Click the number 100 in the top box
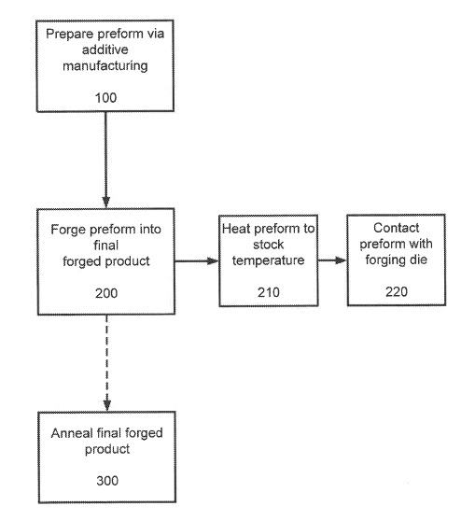105,98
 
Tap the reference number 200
106,293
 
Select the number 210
269,292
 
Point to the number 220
397,291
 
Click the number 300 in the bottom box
107,481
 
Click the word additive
105,49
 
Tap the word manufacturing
105,66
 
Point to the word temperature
268,260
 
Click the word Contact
396,228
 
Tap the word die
418,260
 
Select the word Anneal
71,433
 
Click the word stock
268,245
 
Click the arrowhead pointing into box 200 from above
105,202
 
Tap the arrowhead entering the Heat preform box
213,261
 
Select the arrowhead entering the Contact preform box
341,260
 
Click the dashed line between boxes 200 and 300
106,358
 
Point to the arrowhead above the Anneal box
107,405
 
